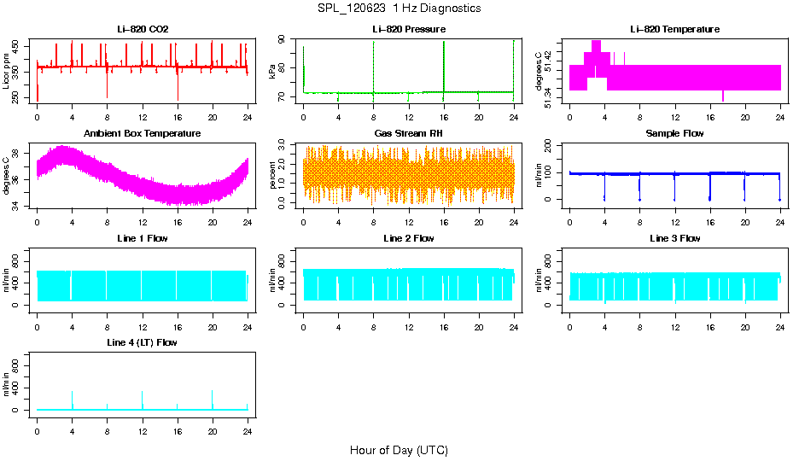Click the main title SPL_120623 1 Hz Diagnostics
click(399, 8)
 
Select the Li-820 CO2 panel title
click(143, 29)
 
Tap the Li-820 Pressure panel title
click(409, 29)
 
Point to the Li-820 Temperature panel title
click(674, 29)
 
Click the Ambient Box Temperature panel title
click(143, 133)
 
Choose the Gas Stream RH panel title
click(409, 133)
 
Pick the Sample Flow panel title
click(674, 133)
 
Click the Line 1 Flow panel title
click(143, 238)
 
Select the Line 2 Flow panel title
click(409, 238)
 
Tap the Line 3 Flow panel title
click(674, 238)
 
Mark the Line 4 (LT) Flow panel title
click(143, 342)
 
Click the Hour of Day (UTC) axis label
click(399, 450)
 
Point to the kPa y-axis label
click(272, 72)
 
